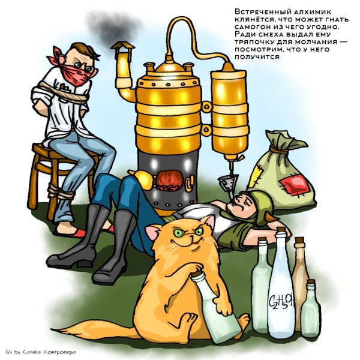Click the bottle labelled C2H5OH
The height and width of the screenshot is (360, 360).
click(280, 294)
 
